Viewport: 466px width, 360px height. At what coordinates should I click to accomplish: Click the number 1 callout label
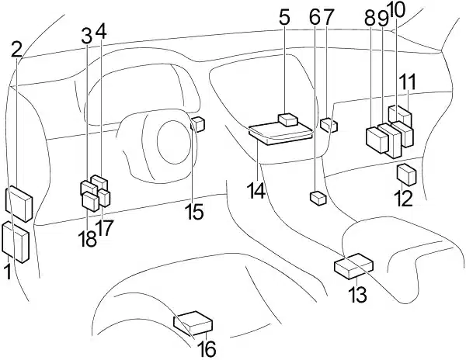pyautogui.click(x=9, y=272)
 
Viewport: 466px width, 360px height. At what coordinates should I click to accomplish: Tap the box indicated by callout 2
pyautogui.click(x=19, y=203)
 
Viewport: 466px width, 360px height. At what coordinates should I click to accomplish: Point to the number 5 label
pyautogui.click(x=284, y=18)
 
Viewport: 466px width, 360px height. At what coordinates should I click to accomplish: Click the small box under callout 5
pyautogui.click(x=287, y=120)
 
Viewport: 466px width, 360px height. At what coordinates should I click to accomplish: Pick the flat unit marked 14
pyautogui.click(x=281, y=134)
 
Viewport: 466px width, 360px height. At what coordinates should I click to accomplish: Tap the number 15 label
pyautogui.click(x=194, y=212)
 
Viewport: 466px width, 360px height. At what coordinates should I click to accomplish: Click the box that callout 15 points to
pyautogui.click(x=197, y=124)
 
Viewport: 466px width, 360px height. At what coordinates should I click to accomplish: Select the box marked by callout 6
pyautogui.click(x=318, y=199)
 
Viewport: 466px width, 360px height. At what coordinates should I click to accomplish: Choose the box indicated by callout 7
pyautogui.click(x=329, y=125)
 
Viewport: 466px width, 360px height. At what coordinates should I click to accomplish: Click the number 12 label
pyautogui.click(x=403, y=199)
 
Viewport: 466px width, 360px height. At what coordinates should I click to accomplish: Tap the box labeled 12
pyautogui.click(x=406, y=175)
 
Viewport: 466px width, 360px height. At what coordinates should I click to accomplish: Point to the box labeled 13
pyautogui.click(x=354, y=266)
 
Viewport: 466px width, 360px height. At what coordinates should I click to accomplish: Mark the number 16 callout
pyautogui.click(x=207, y=349)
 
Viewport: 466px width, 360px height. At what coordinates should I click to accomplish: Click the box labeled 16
pyautogui.click(x=193, y=324)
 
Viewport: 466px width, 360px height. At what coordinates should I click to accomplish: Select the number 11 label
pyautogui.click(x=408, y=81)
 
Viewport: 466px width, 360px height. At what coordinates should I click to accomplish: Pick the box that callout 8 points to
pyautogui.click(x=377, y=140)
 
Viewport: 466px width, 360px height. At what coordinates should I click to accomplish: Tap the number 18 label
pyautogui.click(x=87, y=239)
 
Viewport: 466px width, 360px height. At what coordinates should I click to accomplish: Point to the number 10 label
pyautogui.click(x=396, y=11)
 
